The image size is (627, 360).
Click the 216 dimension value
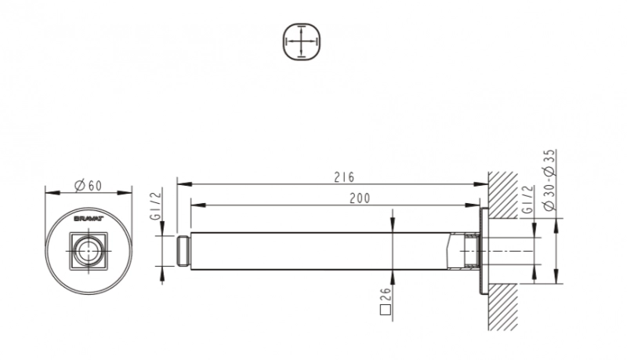344,177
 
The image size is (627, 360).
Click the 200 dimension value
360,198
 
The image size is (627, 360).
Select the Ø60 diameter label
89,186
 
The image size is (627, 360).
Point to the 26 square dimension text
385,295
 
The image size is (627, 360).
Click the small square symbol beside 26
385,311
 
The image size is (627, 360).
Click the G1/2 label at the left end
156,205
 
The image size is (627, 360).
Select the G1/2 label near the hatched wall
527,198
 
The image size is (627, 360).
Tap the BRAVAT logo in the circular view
89,219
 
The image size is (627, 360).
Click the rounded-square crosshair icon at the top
303,42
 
